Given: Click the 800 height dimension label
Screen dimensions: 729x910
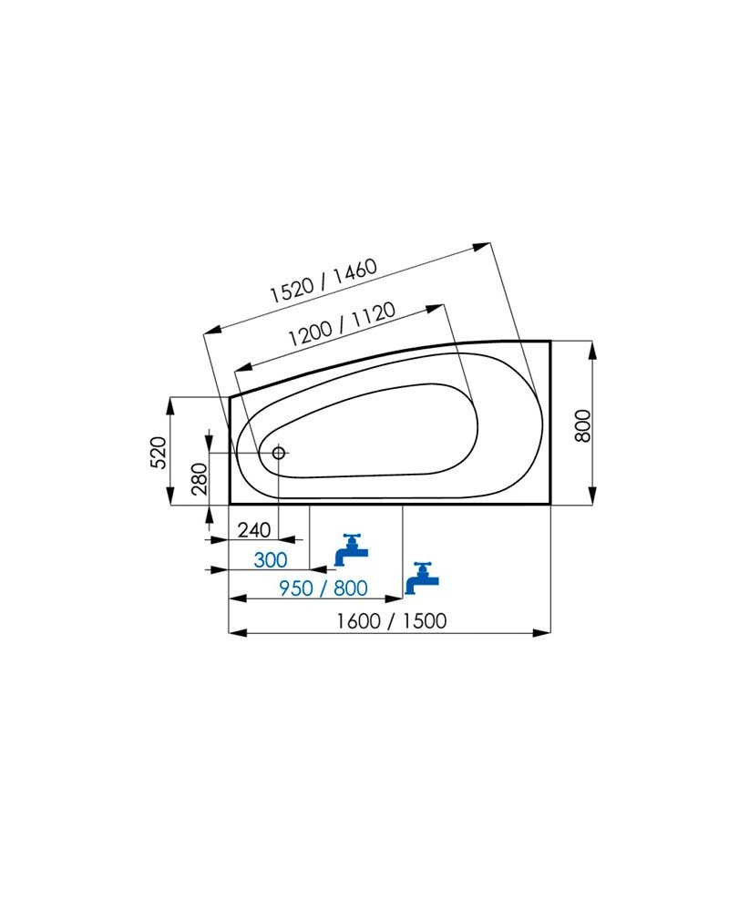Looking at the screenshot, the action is tap(582, 425).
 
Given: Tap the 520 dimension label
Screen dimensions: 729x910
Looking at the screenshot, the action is tap(159, 453).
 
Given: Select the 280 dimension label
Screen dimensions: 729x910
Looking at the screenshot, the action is tap(199, 479).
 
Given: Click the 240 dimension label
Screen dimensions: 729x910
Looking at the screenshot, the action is tap(254, 530).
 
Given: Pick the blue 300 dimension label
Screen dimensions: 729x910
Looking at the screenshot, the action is tap(271, 560).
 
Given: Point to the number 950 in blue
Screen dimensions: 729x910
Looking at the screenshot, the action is tap(296, 588).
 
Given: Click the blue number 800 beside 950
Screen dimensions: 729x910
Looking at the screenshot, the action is tap(351, 588).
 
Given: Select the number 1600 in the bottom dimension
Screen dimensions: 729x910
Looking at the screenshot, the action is tap(359, 621).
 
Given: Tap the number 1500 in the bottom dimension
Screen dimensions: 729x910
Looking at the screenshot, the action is tap(425, 621).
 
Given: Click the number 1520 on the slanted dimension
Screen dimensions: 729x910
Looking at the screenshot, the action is tap(292, 289).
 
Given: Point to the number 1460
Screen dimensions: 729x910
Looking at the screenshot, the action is tap(354, 270).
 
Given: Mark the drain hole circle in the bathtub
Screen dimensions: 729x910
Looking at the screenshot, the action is tap(279, 452).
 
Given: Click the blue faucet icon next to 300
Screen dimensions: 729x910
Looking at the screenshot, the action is tap(351, 549).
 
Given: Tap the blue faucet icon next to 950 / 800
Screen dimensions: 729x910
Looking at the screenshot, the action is tap(422, 578).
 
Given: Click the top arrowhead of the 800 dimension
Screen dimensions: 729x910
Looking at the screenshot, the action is tap(591, 350).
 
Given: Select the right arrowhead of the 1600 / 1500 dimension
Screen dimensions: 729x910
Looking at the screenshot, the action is tap(541, 632).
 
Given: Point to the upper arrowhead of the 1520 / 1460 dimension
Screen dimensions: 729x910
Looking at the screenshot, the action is tap(482, 247).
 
